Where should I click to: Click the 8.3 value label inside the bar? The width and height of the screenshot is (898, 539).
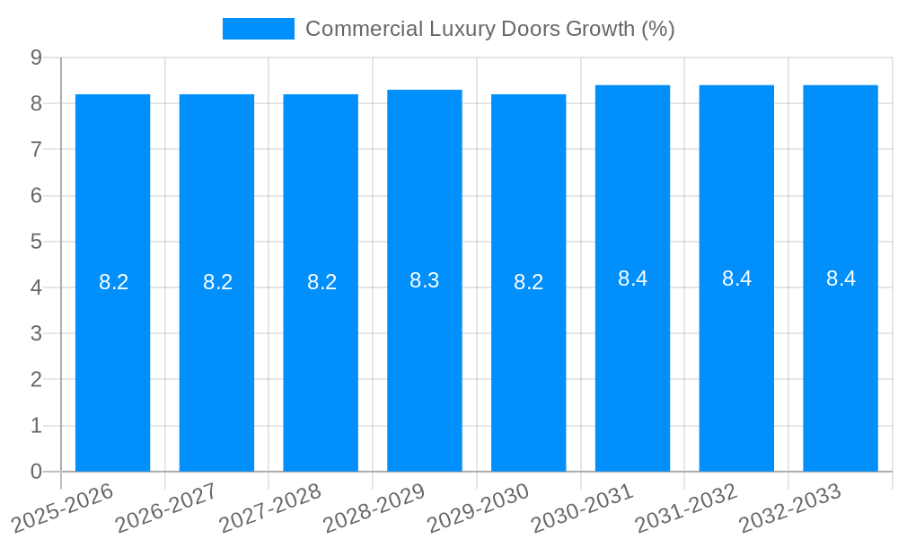pos(425,280)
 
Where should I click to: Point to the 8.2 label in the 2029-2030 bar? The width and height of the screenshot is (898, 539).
pos(529,282)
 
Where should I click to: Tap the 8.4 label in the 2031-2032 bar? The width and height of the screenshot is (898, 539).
pos(736,278)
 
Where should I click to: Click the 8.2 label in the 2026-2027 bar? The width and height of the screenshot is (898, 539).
pos(217,282)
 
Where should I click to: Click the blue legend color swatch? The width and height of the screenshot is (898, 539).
pos(259,29)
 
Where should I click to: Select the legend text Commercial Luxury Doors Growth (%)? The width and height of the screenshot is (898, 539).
pos(489,29)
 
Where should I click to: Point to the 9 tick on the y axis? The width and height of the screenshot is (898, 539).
pos(36,57)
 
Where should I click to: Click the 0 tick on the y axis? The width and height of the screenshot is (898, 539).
pos(36,472)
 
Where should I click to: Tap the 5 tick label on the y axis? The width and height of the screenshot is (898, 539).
pos(36,242)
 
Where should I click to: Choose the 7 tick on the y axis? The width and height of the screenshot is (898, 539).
pos(36,149)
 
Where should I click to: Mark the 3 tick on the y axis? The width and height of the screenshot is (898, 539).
pos(36,333)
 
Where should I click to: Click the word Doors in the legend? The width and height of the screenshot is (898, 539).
pos(533,29)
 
